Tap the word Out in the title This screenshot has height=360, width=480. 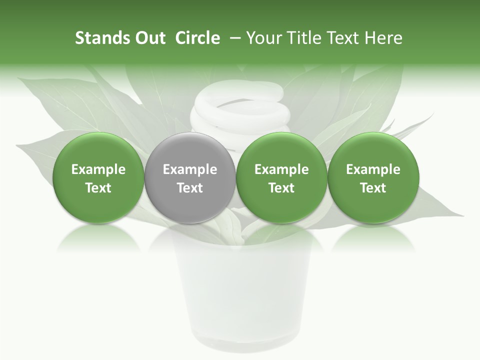coord(149,38)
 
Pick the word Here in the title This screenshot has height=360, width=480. coord(384,38)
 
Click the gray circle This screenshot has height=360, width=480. coord(190,178)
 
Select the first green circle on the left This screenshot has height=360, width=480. coord(98,178)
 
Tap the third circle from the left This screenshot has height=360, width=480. coord(281,178)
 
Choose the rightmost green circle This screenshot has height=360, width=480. coord(373,178)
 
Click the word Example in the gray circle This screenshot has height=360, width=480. coord(190,169)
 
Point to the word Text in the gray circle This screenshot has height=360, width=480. coord(190,188)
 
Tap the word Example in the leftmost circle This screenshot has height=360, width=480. coord(98,169)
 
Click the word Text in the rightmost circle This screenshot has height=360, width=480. coord(373,188)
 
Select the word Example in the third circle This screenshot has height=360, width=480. coord(281,169)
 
